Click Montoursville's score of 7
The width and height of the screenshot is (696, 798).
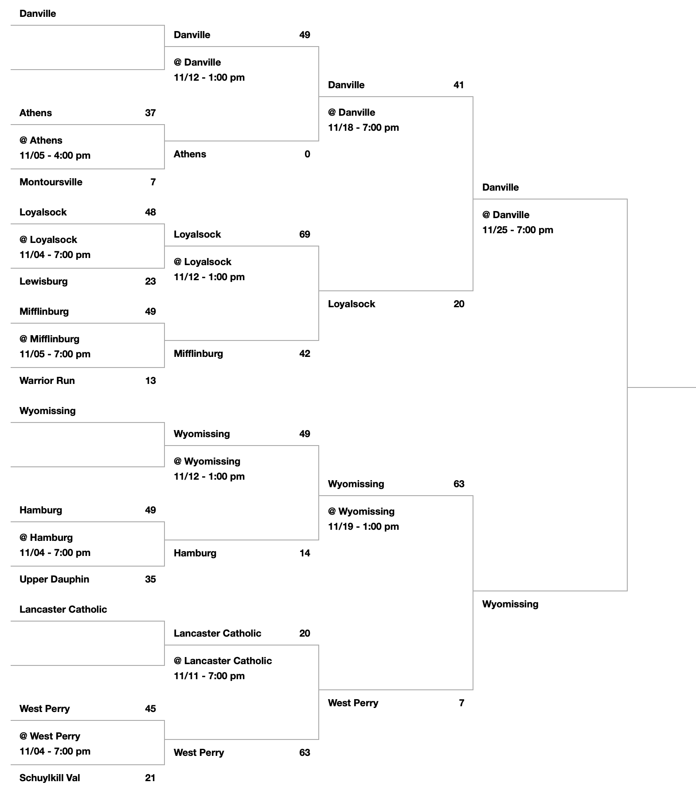coord(153,182)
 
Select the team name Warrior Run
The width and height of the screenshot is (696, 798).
coord(47,380)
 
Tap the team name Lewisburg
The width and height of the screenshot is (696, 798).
coord(43,281)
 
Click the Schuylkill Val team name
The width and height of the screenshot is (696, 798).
coord(50,778)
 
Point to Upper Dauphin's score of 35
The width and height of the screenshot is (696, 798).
coord(150,579)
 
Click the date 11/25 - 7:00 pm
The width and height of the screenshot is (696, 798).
coord(518,230)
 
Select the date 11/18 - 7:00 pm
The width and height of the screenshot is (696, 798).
coord(364,127)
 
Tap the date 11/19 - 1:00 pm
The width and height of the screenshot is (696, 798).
coord(364,526)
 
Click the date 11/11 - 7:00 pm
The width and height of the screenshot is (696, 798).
coord(209,676)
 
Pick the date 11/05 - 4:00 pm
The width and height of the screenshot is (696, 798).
coord(55,155)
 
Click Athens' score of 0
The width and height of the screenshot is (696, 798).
coord(307,154)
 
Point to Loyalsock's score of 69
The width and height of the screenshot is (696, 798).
coord(305,234)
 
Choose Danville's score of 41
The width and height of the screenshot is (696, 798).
coord(459,85)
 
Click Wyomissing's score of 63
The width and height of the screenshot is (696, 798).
coord(459,484)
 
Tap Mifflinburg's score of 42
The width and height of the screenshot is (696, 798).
coord(305,353)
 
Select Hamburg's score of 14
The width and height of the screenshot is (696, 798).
coord(305,553)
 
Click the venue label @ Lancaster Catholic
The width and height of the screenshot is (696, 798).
coord(223,661)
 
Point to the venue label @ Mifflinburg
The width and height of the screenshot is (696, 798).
coord(49,339)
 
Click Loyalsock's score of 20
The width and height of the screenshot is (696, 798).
coord(459,304)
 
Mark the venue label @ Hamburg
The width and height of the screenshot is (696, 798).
coord(46,537)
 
